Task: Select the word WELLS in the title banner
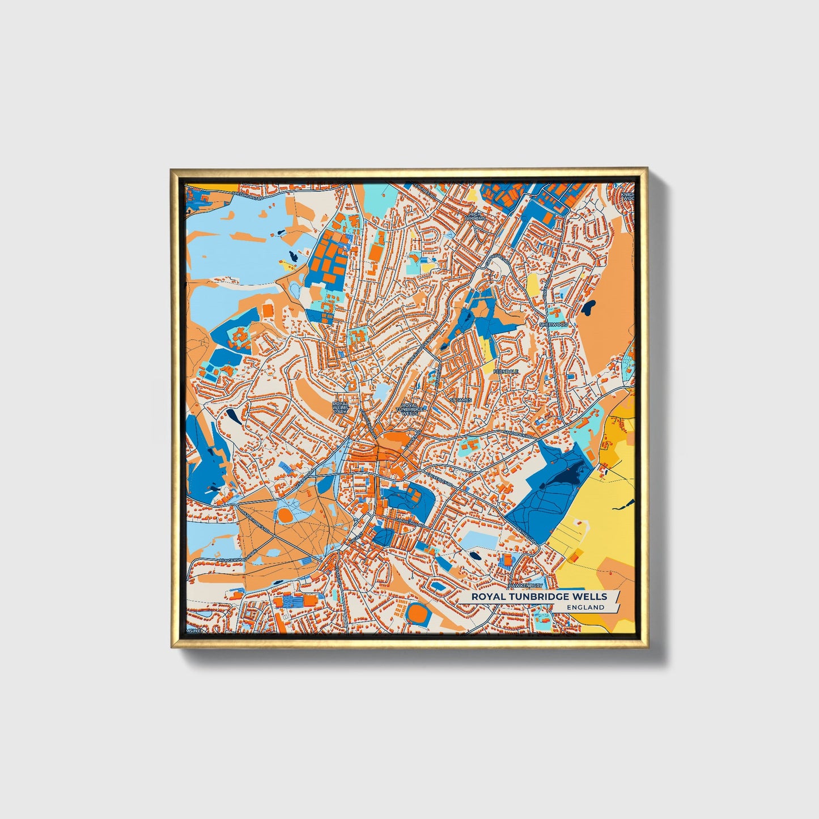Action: tap(590, 596)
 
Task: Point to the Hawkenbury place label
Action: tap(525, 585)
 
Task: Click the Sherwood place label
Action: tap(553, 324)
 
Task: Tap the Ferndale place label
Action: tap(506, 371)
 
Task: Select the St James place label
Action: tap(460, 400)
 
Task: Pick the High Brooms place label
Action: tap(475, 216)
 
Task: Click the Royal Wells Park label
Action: tap(340, 407)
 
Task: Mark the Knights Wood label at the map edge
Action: tap(627, 196)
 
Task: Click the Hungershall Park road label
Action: tap(237, 554)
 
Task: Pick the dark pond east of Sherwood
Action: tap(589, 308)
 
